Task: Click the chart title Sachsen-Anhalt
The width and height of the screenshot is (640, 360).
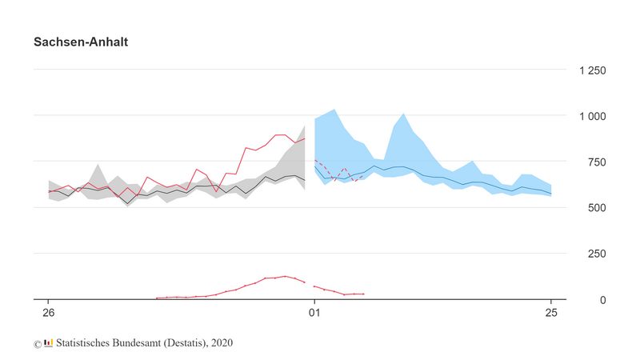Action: pos(81,42)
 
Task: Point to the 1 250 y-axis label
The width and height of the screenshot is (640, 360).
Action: pos(592,70)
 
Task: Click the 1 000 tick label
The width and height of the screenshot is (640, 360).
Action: pos(592,116)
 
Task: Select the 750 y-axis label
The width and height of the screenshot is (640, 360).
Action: pos(596,162)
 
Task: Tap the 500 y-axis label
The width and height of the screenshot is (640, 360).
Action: pos(596,208)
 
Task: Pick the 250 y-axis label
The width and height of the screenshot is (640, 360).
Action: pos(596,254)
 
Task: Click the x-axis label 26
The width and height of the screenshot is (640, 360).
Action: pos(49,312)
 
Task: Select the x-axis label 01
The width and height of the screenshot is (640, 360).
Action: pos(314,312)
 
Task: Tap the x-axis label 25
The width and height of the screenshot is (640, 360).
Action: pos(550,312)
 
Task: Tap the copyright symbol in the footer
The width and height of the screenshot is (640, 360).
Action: pos(38,344)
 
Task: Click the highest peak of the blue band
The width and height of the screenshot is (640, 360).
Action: pos(333,109)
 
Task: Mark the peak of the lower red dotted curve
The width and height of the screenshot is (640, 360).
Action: pos(286,276)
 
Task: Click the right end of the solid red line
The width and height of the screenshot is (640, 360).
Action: pos(304,138)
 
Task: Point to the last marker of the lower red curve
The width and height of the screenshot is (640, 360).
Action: pos(363,294)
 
